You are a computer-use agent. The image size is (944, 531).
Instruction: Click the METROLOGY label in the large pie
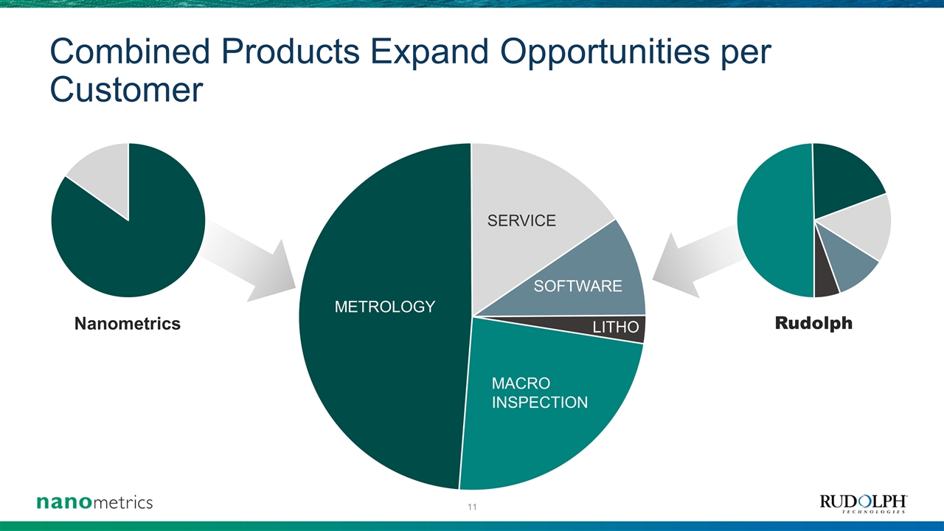(385, 307)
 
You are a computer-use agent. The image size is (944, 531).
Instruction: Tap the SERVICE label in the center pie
(521, 221)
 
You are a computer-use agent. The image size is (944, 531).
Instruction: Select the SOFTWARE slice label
(577, 287)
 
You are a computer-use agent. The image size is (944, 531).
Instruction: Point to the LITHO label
(616, 327)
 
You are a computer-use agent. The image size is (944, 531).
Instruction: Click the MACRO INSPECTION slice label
(539, 393)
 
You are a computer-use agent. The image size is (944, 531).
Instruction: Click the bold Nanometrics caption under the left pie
(128, 324)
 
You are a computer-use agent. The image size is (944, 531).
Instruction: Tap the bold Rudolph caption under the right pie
(813, 323)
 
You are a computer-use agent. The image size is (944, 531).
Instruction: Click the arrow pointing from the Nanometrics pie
(249, 260)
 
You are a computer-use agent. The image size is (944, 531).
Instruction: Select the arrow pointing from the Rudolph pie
(698, 261)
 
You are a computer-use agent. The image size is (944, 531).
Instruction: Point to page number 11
(472, 507)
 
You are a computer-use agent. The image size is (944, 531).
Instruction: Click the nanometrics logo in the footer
(95, 502)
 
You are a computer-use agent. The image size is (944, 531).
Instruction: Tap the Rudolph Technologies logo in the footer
(864, 504)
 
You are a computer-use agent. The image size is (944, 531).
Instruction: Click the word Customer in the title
(126, 89)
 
